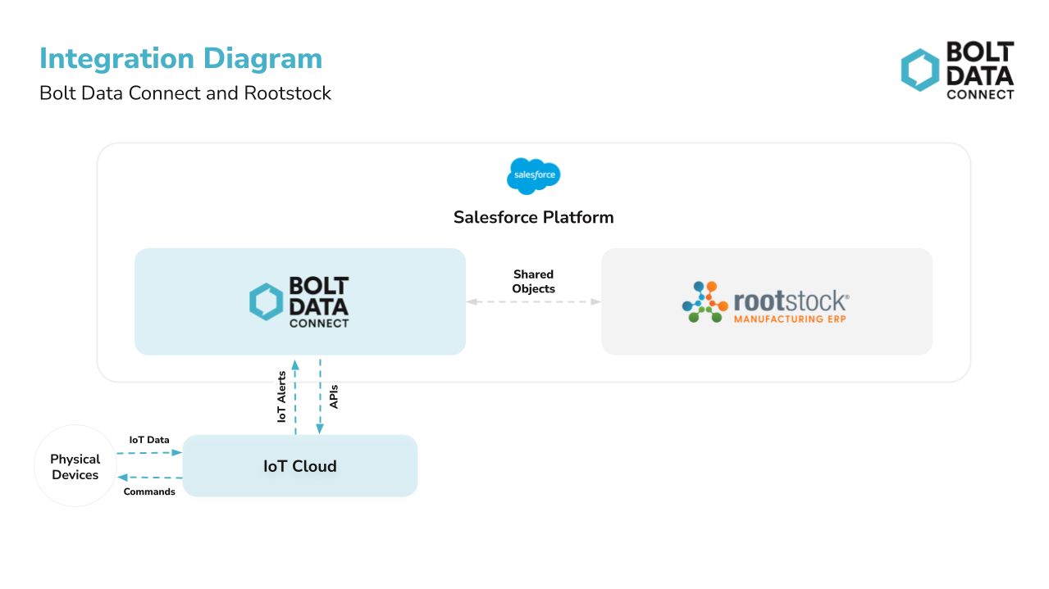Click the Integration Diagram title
click(x=180, y=59)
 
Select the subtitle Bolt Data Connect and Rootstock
click(x=185, y=93)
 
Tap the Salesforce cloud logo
click(x=533, y=175)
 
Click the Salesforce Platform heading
click(x=533, y=217)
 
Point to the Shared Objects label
click(x=533, y=281)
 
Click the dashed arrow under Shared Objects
click(x=533, y=301)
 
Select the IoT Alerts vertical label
click(x=281, y=396)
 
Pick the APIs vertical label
click(x=334, y=396)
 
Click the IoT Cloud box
click(x=299, y=466)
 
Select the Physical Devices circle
click(x=75, y=466)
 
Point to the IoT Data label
click(x=148, y=440)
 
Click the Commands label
click(x=148, y=492)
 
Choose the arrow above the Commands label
click(x=149, y=477)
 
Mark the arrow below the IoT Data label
click(x=149, y=452)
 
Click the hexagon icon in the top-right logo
click(x=919, y=70)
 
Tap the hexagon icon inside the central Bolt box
click(x=267, y=301)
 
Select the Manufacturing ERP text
click(x=789, y=319)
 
